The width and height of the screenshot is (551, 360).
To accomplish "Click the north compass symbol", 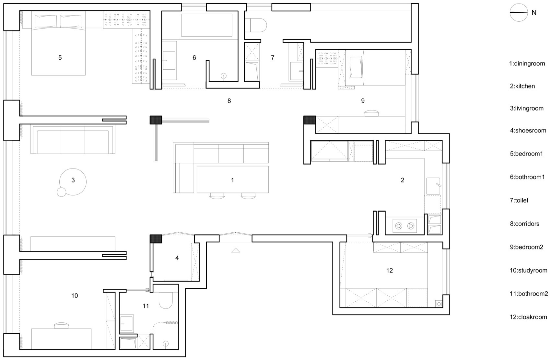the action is (x=519, y=13).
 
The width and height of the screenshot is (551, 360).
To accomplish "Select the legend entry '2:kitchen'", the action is (x=522, y=86).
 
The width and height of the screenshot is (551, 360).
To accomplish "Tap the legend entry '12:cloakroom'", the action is (x=528, y=317).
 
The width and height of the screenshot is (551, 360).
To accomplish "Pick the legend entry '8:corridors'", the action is (x=524, y=224).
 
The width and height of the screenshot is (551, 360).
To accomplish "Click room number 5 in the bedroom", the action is (x=60, y=58).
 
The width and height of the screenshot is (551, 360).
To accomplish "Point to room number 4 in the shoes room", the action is (x=177, y=258).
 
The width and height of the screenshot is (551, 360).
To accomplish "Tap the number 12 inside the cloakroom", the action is (x=389, y=271).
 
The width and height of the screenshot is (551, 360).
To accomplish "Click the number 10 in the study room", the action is (x=75, y=296).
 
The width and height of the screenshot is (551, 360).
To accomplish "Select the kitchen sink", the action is (x=433, y=186).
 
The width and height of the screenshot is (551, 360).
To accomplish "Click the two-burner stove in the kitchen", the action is (x=404, y=226).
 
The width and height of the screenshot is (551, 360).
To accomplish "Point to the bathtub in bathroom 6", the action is (x=207, y=25).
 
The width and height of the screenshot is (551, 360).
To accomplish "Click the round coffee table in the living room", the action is (x=73, y=182).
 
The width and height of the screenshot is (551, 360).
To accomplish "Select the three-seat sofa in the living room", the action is (x=73, y=140).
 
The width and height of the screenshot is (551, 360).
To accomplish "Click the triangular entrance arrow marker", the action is (x=236, y=250).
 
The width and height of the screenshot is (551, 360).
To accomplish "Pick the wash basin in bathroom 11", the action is (x=126, y=323).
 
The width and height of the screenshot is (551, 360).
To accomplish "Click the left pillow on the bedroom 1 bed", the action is (x=46, y=21).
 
